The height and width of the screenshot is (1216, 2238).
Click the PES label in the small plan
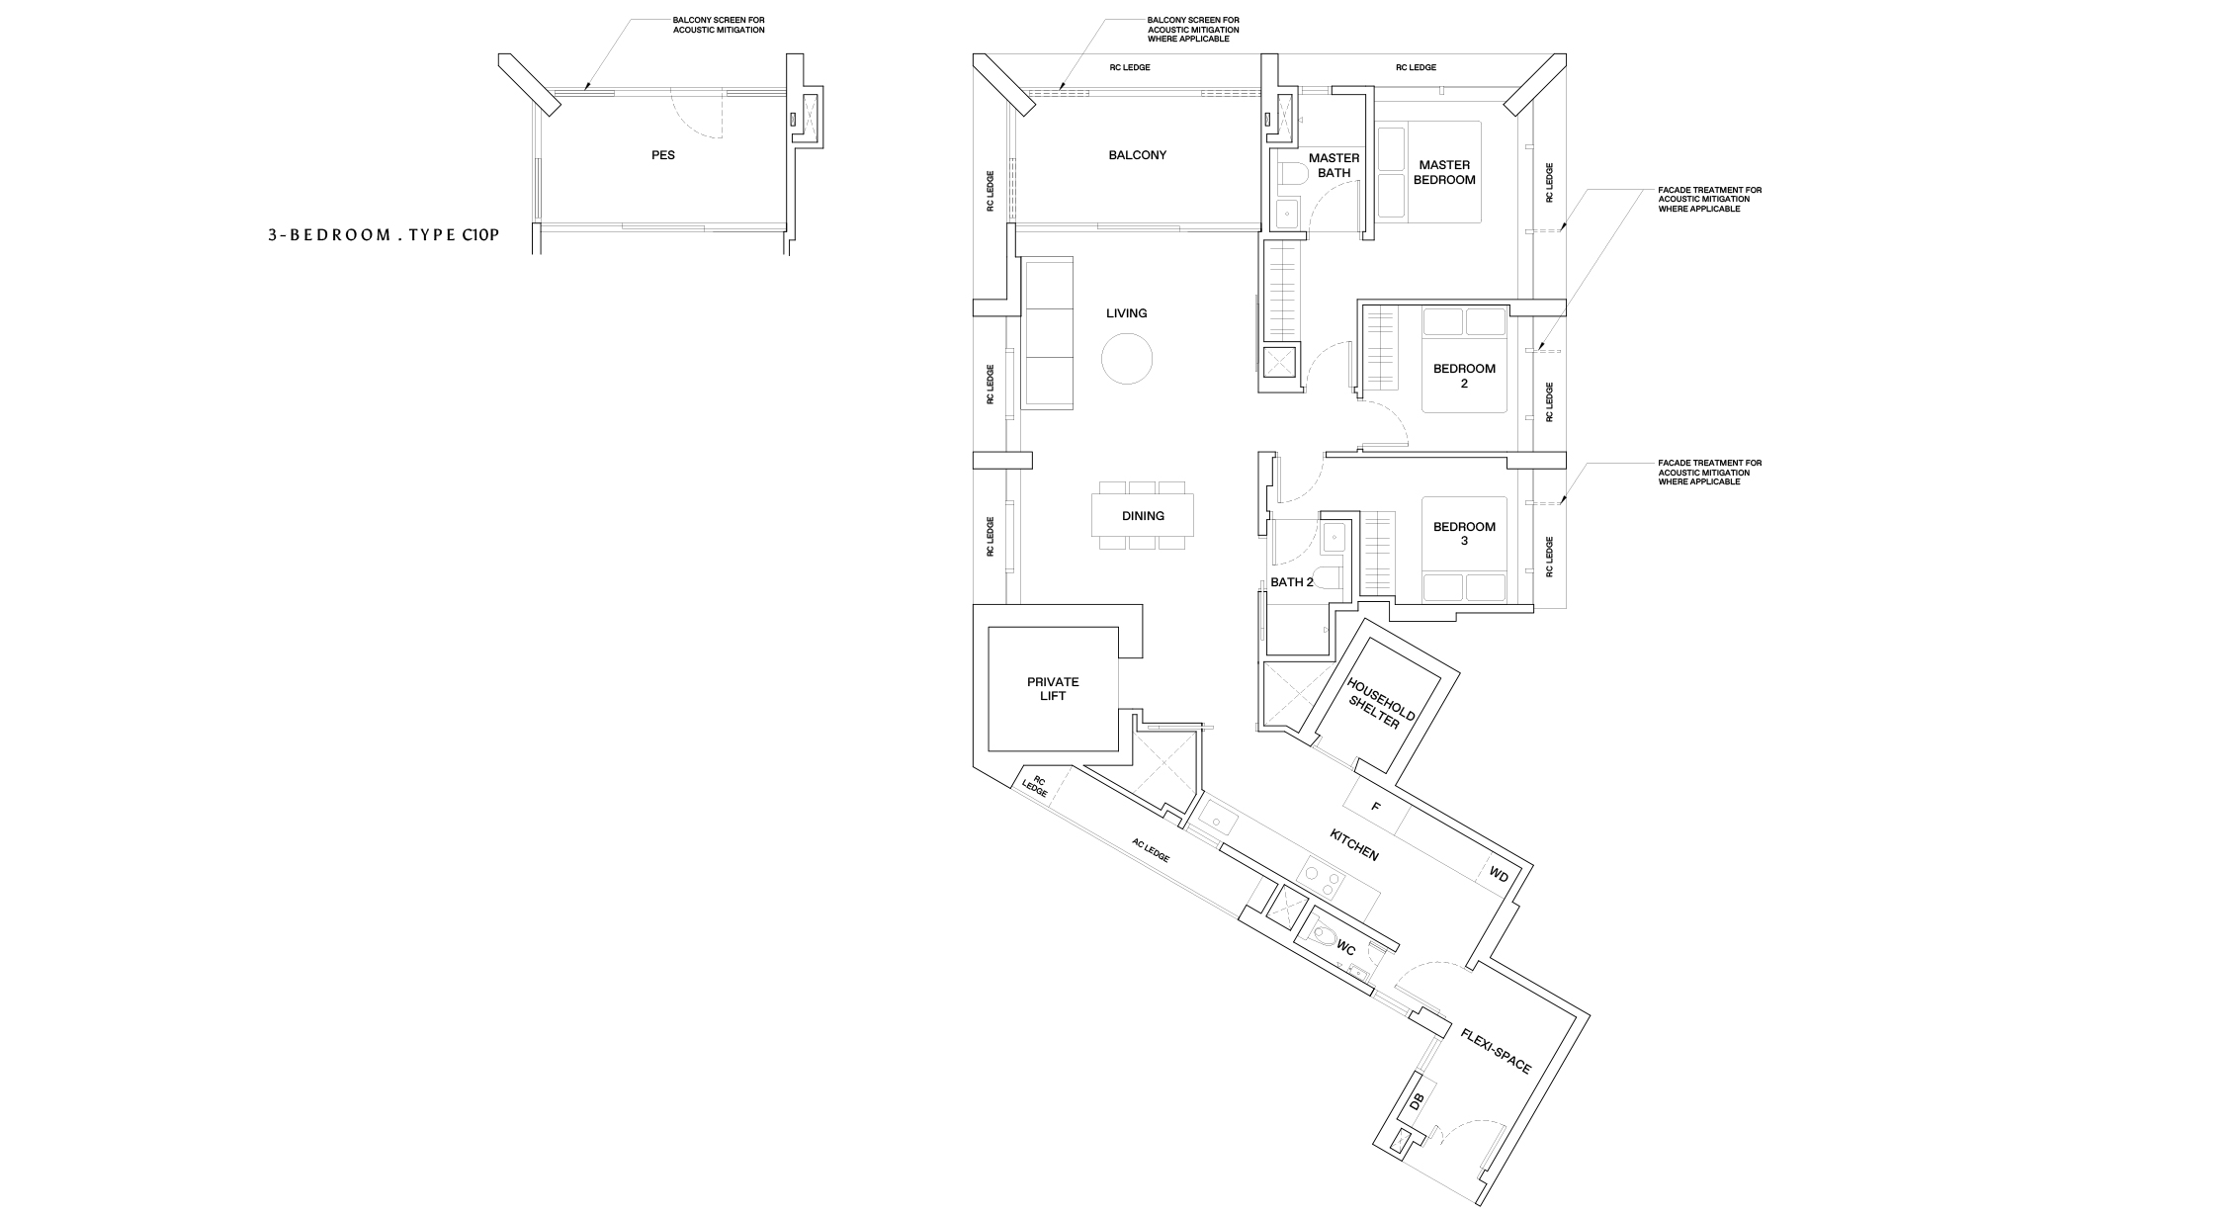tap(663, 155)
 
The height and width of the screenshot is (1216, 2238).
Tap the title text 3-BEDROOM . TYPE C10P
tap(381, 235)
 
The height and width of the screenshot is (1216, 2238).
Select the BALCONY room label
tap(1137, 155)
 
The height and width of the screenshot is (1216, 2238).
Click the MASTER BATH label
tap(1334, 165)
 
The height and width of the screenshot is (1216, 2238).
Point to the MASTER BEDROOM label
tap(1444, 172)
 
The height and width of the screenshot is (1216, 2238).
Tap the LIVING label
tap(1127, 313)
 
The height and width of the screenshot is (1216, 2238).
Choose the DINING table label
tap(1143, 516)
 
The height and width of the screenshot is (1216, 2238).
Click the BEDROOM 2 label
tap(1464, 376)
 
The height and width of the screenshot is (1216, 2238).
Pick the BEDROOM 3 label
tap(1464, 534)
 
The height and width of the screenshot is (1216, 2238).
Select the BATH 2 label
tap(1292, 582)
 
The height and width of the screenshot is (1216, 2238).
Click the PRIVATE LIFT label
tap(1053, 689)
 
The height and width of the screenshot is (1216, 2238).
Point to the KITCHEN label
tap(1354, 845)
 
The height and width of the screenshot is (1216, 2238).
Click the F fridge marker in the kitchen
tap(1375, 807)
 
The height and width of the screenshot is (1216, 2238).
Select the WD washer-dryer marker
tap(1499, 876)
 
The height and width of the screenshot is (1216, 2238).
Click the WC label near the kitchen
tap(1345, 947)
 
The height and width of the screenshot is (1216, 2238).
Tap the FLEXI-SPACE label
tap(1496, 1050)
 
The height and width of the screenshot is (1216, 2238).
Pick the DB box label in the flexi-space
tap(1416, 1100)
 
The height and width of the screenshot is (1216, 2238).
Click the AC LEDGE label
tap(1151, 850)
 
